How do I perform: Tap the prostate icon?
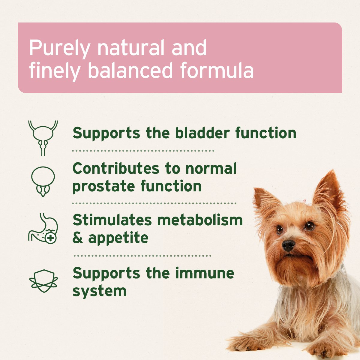point(43,181)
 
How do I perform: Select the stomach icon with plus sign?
point(43,228)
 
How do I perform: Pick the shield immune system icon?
point(43,280)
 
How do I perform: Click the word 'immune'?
point(204,273)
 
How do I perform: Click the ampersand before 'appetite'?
point(78,238)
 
